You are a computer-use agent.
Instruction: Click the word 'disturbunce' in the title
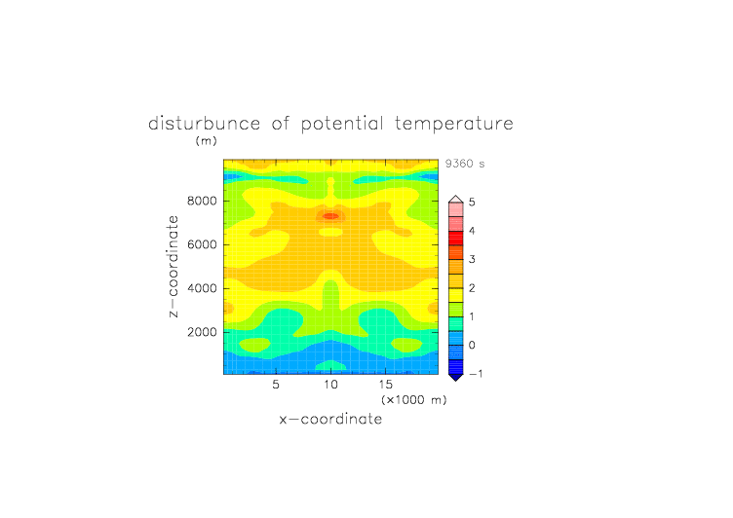click(205, 124)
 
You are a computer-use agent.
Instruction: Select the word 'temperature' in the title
click(454, 124)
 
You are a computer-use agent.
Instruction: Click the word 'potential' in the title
click(342, 125)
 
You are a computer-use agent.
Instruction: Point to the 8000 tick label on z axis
click(202, 201)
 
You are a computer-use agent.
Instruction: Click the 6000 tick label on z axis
click(202, 244)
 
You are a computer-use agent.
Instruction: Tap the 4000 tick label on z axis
click(202, 288)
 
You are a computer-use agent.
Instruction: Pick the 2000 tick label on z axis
click(202, 332)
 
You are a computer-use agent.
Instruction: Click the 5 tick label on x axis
click(276, 385)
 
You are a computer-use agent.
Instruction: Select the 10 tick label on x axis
click(330, 385)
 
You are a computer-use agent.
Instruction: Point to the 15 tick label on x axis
click(386, 385)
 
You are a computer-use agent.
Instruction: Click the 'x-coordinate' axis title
click(331, 419)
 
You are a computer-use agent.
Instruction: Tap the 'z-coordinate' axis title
click(174, 267)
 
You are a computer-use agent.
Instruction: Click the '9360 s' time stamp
click(465, 164)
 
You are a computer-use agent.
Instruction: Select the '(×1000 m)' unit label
click(414, 400)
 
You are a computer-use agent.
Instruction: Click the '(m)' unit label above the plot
click(207, 140)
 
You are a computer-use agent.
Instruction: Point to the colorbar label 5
click(472, 202)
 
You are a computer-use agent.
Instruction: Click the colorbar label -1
click(476, 374)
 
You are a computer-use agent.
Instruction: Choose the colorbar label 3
click(472, 259)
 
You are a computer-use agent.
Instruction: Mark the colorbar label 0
click(472, 346)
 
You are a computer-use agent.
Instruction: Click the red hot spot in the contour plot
click(331, 216)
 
